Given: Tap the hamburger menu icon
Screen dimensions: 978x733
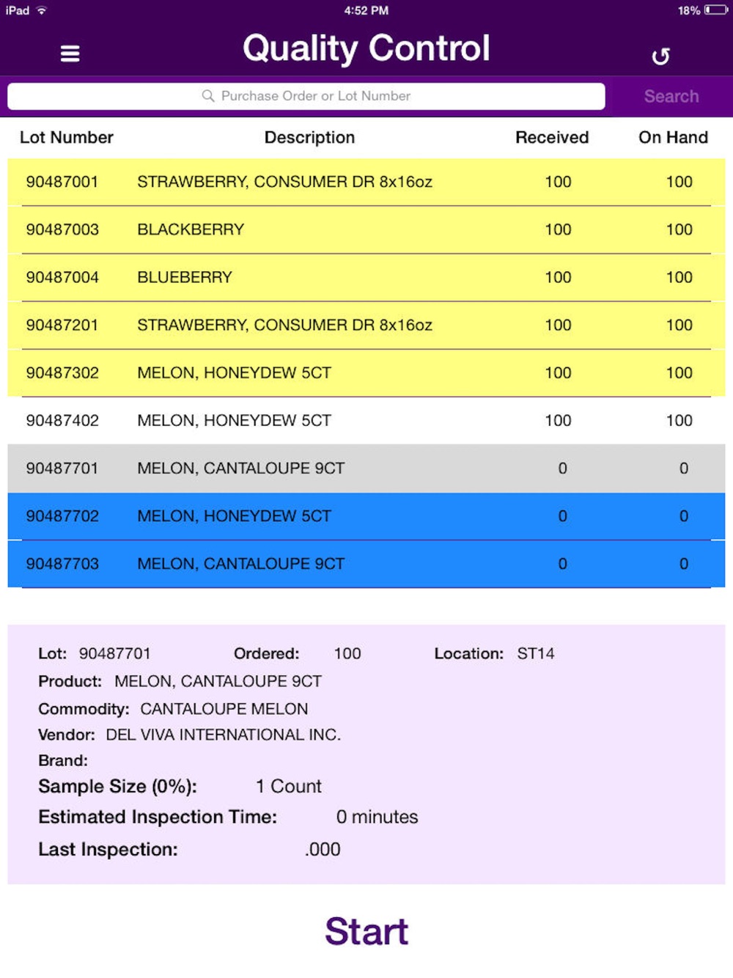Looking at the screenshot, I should [x=70, y=54].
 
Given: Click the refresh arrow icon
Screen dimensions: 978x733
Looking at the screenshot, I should [x=660, y=56].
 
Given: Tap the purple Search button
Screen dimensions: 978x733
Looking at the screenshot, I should [x=671, y=96].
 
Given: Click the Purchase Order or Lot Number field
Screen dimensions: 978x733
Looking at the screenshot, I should [x=306, y=96].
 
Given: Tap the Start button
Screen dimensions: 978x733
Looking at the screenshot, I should [x=366, y=932].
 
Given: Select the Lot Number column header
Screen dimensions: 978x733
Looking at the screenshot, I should [x=67, y=138].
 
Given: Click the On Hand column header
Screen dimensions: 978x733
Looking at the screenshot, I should [x=673, y=138].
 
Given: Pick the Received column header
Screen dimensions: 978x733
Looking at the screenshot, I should [x=552, y=138].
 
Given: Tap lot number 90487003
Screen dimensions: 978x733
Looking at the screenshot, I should [x=62, y=229].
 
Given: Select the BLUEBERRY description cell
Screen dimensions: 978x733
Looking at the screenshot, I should [x=185, y=277].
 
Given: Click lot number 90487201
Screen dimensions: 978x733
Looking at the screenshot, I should [x=62, y=325].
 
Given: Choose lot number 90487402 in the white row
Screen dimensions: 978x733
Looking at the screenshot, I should [x=62, y=420].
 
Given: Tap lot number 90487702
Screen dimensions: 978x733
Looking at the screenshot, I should [x=62, y=516].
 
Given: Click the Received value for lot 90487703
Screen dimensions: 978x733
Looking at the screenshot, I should [x=562, y=564].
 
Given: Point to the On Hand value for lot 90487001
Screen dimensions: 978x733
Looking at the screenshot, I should [x=679, y=182].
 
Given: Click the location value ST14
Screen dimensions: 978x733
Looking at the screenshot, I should [x=536, y=653].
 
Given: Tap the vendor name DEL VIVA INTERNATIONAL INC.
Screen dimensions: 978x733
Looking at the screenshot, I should [x=224, y=735].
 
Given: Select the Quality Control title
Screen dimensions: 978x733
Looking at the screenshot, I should [x=366, y=48].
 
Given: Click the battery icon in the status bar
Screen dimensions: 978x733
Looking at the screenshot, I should [x=715, y=10].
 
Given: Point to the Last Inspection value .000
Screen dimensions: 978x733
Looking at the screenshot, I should [x=323, y=850].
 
